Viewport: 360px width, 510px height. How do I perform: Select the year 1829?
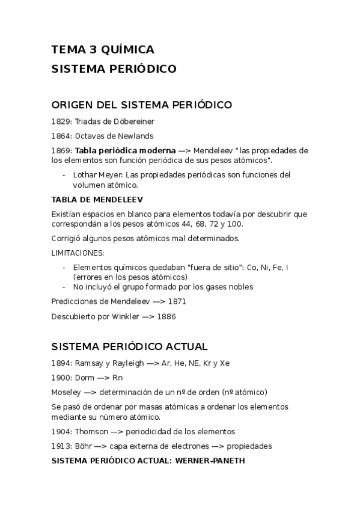tap(61, 121)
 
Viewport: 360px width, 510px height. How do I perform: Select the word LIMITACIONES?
tap(78, 253)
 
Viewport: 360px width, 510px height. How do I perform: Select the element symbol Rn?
tap(117, 378)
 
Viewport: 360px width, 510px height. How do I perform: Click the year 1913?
tap(61, 446)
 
